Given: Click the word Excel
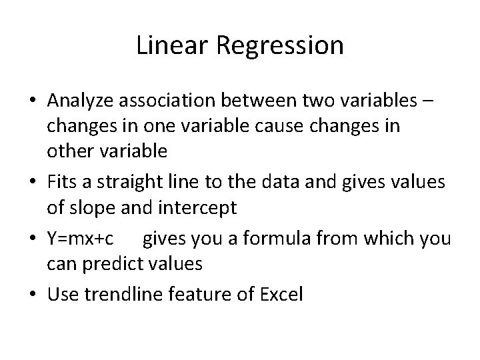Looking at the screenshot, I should (x=280, y=294).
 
